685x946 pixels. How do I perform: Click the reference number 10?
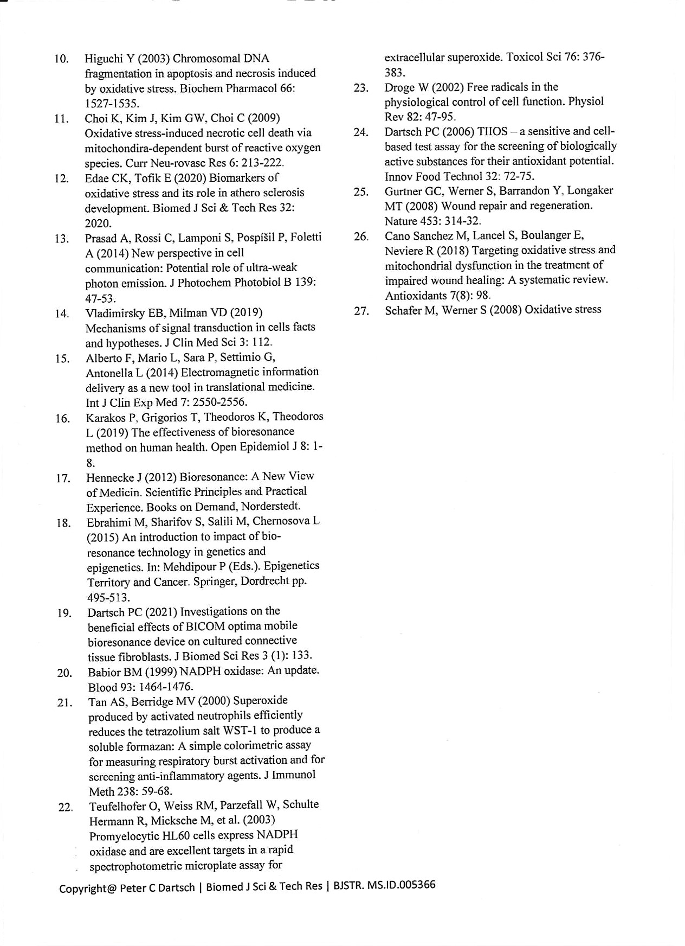(x=61, y=59)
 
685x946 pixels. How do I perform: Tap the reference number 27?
(x=361, y=311)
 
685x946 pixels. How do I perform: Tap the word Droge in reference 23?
(x=399, y=87)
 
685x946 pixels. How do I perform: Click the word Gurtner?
(x=403, y=191)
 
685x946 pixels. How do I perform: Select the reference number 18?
(x=63, y=523)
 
